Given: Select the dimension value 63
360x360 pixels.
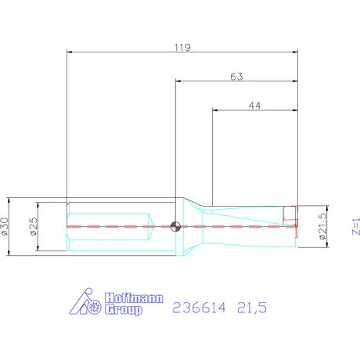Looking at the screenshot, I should [236, 76].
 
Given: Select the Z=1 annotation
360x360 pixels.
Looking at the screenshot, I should [355, 226].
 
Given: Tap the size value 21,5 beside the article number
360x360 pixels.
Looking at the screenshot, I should [250, 308].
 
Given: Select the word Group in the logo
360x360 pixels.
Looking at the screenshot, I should [124, 310].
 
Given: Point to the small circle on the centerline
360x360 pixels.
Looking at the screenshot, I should [175, 227].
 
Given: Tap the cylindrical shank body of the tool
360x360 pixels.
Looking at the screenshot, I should [110, 227].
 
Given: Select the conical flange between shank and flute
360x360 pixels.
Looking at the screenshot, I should [190, 227].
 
